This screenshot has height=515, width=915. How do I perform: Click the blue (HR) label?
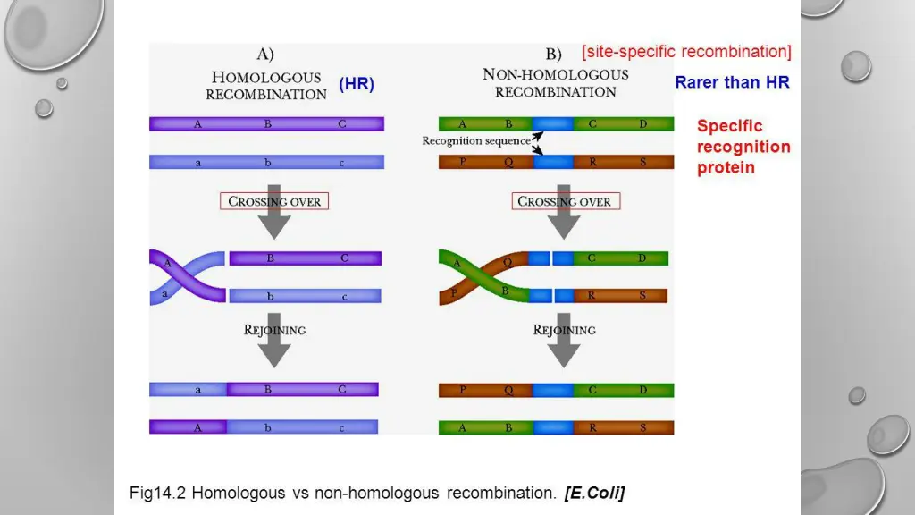(x=357, y=84)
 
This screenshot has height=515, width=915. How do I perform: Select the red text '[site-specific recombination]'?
(x=686, y=52)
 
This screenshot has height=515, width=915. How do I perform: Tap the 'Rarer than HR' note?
(x=732, y=82)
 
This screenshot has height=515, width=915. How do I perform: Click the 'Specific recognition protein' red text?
(x=743, y=147)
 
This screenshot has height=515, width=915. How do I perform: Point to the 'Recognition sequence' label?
(x=475, y=141)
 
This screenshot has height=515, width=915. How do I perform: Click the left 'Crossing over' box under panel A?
(x=274, y=201)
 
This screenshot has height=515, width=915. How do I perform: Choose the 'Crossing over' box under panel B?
(x=564, y=201)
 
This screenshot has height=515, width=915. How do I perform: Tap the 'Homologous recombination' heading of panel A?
(x=266, y=85)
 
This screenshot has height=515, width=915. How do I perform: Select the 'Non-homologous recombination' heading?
(x=555, y=83)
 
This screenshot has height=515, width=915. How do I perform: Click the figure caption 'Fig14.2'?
(x=158, y=493)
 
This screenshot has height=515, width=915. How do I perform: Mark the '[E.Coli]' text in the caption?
(x=594, y=493)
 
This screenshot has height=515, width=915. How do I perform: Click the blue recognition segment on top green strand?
(x=552, y=124)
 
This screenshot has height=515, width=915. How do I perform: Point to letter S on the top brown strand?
(x=643, y=162)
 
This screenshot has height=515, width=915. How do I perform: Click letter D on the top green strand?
(x=643, y=124)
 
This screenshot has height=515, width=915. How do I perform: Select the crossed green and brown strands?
(x=483, y=276)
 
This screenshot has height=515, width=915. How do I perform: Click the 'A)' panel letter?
(x=266, y=54)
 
